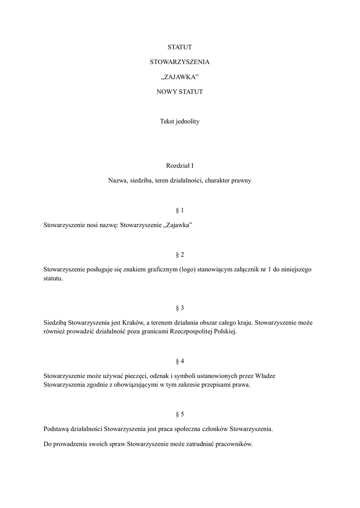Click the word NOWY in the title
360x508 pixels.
coord(166,92)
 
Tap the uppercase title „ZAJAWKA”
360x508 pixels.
coord(180,77)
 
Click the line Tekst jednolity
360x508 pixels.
coord(180,122)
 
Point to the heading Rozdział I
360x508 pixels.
coord(180,166)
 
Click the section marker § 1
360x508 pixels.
coord(180,210)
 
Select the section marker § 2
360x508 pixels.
coord(180,255)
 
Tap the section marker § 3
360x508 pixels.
coord(180,308)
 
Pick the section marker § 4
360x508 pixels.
coord(180,361)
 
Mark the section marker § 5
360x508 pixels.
coord(180,414)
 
